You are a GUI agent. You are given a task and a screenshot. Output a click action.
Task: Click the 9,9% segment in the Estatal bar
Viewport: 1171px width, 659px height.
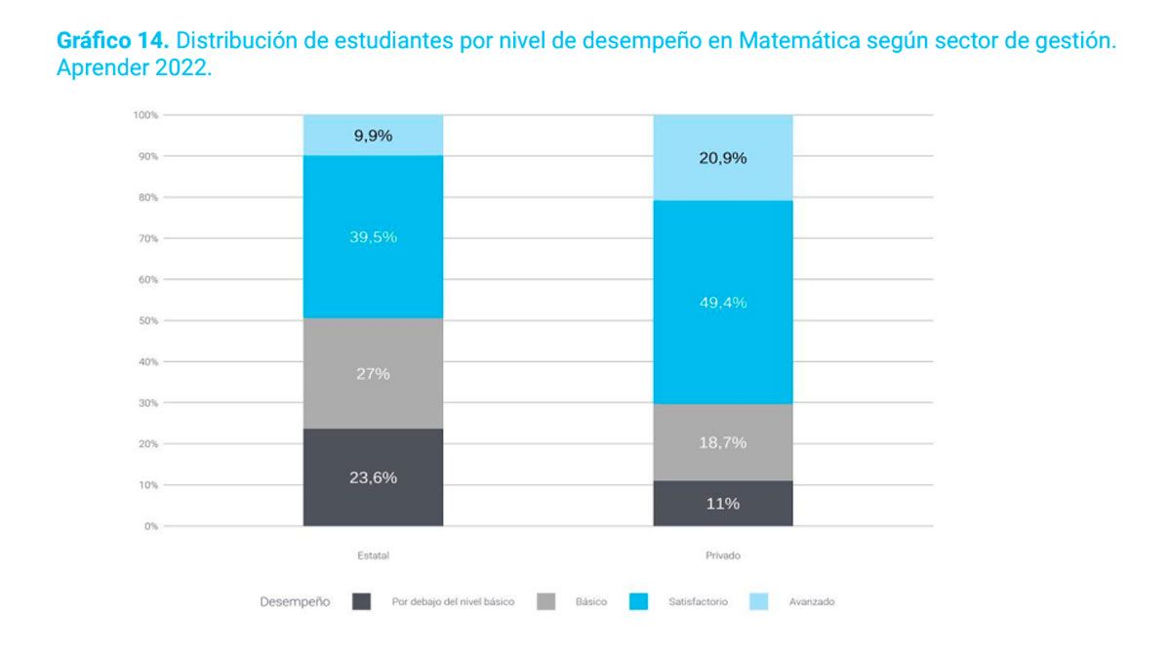click(x=373, y=136)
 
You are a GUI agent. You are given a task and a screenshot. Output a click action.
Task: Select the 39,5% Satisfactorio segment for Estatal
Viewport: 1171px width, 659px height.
click(x=373, y=237)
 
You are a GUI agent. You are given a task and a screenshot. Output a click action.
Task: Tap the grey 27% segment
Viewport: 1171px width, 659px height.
click(x=373, y=374)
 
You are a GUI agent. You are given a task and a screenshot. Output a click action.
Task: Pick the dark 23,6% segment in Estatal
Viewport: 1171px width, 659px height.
click(x=373, y=477)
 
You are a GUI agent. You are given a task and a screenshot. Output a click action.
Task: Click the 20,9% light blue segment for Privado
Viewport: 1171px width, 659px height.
click(x=722, y=158)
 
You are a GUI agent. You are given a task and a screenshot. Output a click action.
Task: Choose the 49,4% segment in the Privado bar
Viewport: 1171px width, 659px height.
click(x=722, y=303)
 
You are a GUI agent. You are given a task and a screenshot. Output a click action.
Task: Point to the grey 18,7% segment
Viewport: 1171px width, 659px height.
click(x=722, y=442)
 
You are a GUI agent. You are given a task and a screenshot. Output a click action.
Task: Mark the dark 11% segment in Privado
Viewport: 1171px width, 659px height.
click(x=722, y=504)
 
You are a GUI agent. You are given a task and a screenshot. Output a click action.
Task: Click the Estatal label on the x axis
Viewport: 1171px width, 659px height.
click(x=373, y=556)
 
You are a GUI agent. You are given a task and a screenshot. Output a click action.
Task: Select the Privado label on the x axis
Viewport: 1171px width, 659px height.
click(x=722, y=556)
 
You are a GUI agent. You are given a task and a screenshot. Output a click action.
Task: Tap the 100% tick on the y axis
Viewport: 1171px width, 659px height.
click(x=146, y=115)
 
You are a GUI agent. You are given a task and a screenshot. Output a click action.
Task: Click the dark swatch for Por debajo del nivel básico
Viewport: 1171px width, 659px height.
click(x=361, y=602)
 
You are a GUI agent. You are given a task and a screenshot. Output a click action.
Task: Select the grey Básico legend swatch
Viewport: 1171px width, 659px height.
click(x=546, y=602)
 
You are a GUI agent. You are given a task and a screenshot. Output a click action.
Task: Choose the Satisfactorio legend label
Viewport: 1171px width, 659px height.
click(x=698, y=602)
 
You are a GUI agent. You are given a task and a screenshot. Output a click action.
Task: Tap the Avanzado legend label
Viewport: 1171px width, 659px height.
click(x=811, y=602)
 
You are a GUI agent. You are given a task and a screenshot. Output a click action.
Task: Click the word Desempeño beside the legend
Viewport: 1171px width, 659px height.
click(x=295, y=602)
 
